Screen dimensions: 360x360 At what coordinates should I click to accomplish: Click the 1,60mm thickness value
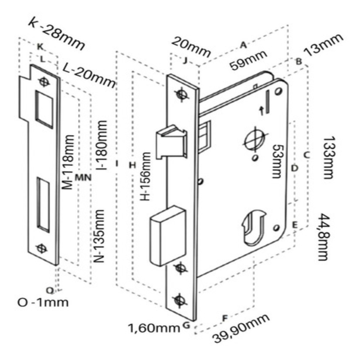pyautogui.click(x=154, y=327)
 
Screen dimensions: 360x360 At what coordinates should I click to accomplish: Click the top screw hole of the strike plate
pyautogui.click(x=45, y=82)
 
